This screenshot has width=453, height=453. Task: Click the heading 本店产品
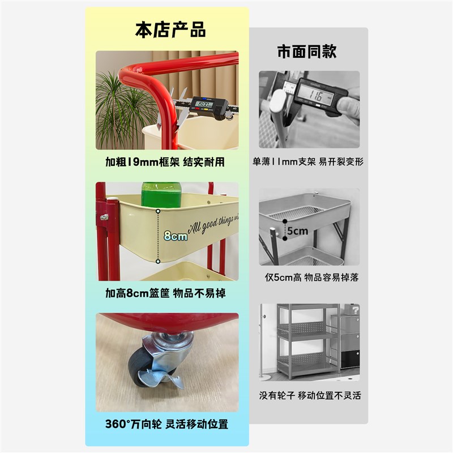click(170, 29)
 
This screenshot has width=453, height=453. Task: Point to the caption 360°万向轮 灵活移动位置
click(167, 424)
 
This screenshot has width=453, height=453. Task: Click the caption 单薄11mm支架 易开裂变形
click(308, 162)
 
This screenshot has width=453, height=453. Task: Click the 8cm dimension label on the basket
click(175, 236)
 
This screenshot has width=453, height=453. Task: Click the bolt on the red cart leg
click(104, 217)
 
